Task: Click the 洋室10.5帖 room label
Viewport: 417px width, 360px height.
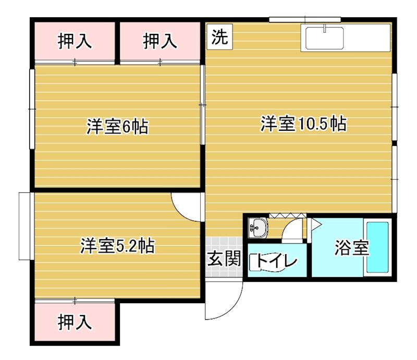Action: point(303,124)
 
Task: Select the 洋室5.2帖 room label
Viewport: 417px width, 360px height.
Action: point(117,245)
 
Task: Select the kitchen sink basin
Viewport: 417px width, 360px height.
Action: point(324,38)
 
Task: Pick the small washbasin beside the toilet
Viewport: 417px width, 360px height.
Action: point(258,227)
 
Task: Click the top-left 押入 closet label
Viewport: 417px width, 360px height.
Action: point(75,41)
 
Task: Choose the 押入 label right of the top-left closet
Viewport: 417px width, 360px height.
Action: point(160,41)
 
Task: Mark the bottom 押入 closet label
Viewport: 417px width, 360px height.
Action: point(75,322)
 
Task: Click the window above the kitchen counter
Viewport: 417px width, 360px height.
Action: point(304,20)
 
